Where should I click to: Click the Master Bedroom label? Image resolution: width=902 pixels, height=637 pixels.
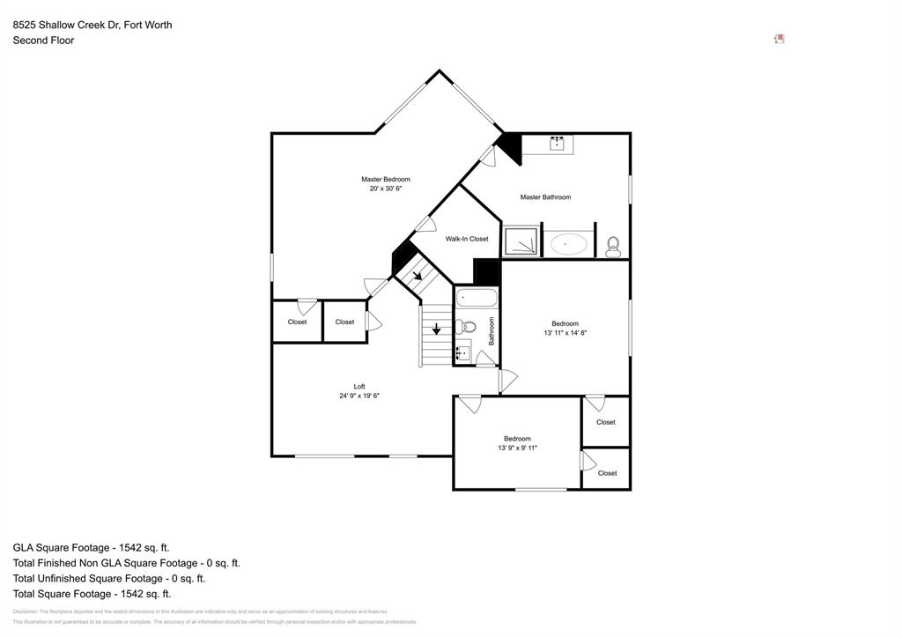[x=385, y=180]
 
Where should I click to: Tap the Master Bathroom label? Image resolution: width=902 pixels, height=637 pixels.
[x=545, y=197]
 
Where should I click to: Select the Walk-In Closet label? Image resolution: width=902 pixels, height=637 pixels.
[x=466, y=239]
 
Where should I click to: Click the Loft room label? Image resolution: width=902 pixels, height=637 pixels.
[x=359, y=386]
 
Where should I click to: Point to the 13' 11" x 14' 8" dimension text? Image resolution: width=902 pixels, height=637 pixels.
[x=565, y=333]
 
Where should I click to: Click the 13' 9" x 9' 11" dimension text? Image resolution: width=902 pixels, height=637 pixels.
[x=517, y=448]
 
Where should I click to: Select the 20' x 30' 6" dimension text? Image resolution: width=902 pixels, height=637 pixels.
[x=385, y=189]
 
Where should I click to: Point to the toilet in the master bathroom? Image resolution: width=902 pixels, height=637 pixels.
[x=613, y=246]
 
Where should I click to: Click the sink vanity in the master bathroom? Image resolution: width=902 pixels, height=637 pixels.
[x=557, y=144]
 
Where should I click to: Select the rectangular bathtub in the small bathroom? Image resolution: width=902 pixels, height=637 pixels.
[x=477, y=299]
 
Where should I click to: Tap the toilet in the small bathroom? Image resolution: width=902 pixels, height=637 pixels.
[x=468, y=327]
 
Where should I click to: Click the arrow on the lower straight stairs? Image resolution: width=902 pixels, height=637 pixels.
[x=436, y=330]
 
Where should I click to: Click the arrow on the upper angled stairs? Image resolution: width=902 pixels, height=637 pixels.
[x=417, y=275]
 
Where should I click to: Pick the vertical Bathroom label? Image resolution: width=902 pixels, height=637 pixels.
[x=492, y=330]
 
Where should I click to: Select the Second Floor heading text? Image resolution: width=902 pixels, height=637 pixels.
[x=43, y=41]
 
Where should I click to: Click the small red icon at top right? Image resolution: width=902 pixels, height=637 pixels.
[x=779, y=39]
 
